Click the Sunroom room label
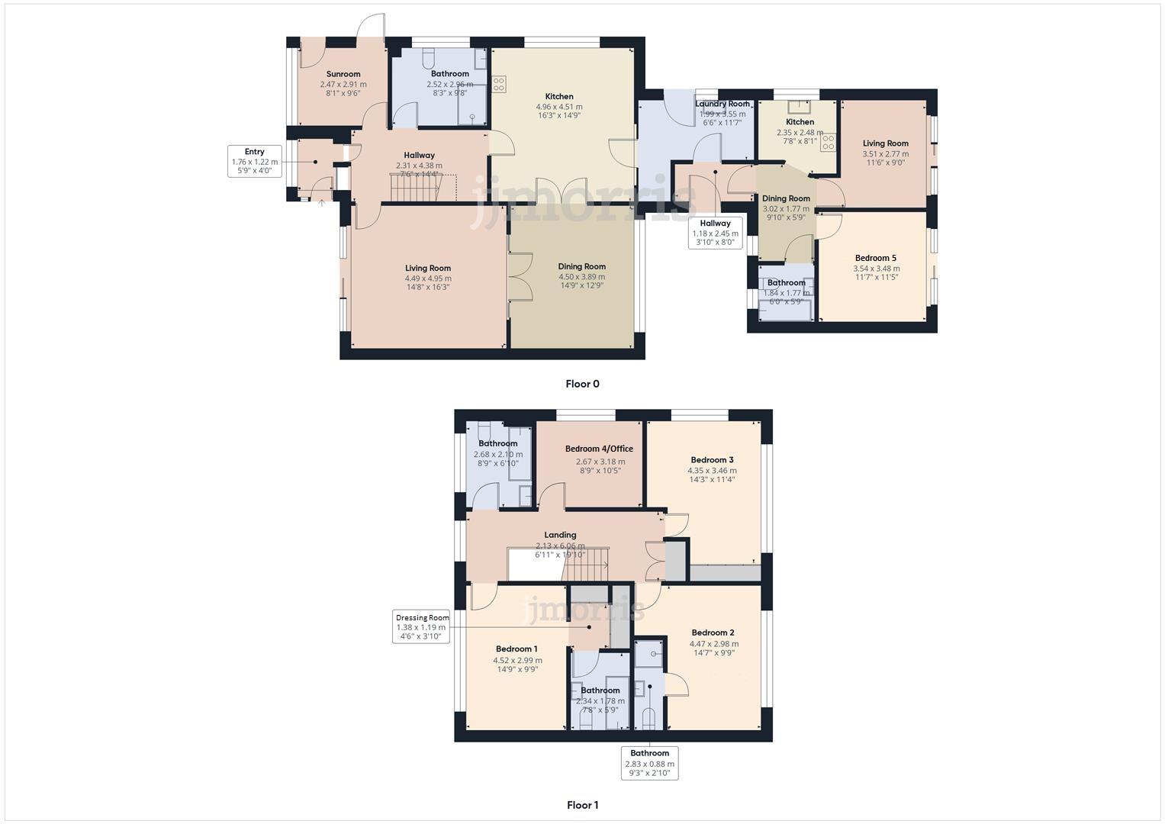point(343,74)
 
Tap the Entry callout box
point(254,161)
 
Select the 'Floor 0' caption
point(582,384)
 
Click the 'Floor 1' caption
point(582,805)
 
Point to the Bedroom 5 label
point(876,258)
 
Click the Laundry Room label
point(722,104)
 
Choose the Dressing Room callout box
point(422,627)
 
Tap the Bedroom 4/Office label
point(599,449)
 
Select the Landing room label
point(560,535)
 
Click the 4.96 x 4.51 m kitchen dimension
point(559,107)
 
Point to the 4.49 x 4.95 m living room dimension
point(427,278)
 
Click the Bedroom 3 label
point(712,459)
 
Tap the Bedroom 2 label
point(713,632)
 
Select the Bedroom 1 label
point(517,649)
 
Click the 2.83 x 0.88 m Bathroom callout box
point(649,763)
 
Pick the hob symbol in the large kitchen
point(500,84)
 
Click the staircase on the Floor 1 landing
point(586,565)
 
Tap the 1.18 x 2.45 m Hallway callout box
point(715,233)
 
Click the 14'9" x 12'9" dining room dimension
point(581,285)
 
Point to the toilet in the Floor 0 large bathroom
point(428,56)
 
